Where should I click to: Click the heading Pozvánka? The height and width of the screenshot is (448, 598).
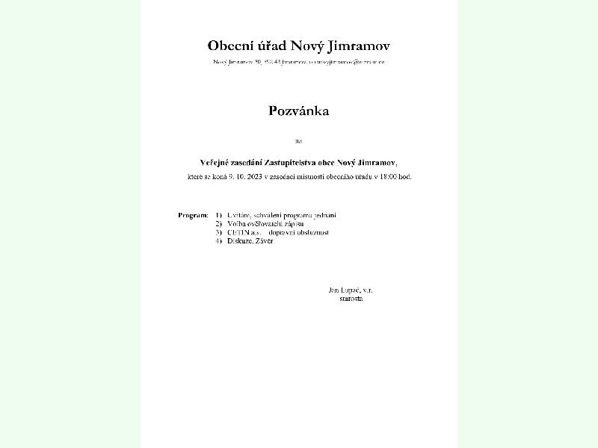299,111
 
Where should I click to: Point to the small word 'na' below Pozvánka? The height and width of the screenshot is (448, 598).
299,140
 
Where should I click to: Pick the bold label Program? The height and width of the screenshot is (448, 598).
193,215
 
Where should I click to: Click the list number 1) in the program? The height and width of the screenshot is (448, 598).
218,215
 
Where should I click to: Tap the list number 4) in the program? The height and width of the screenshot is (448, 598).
218,240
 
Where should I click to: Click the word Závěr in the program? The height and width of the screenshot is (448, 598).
263,240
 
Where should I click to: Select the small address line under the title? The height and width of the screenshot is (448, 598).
299,62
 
